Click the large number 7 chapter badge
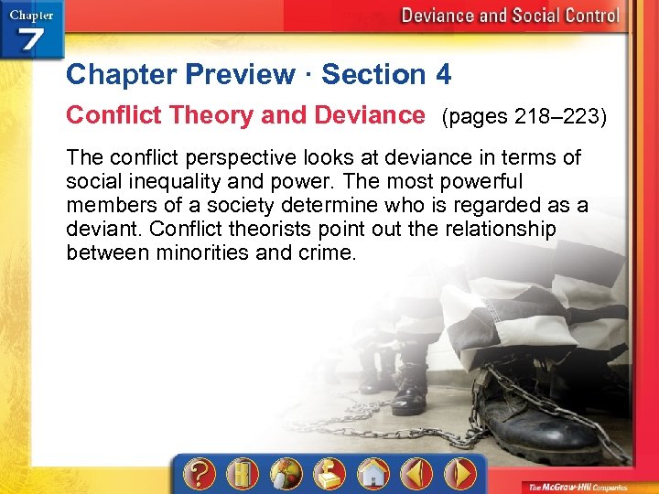[x=33, y=40]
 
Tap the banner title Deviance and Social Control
[x=510, y=16]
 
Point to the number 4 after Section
[x=443, y=74]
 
